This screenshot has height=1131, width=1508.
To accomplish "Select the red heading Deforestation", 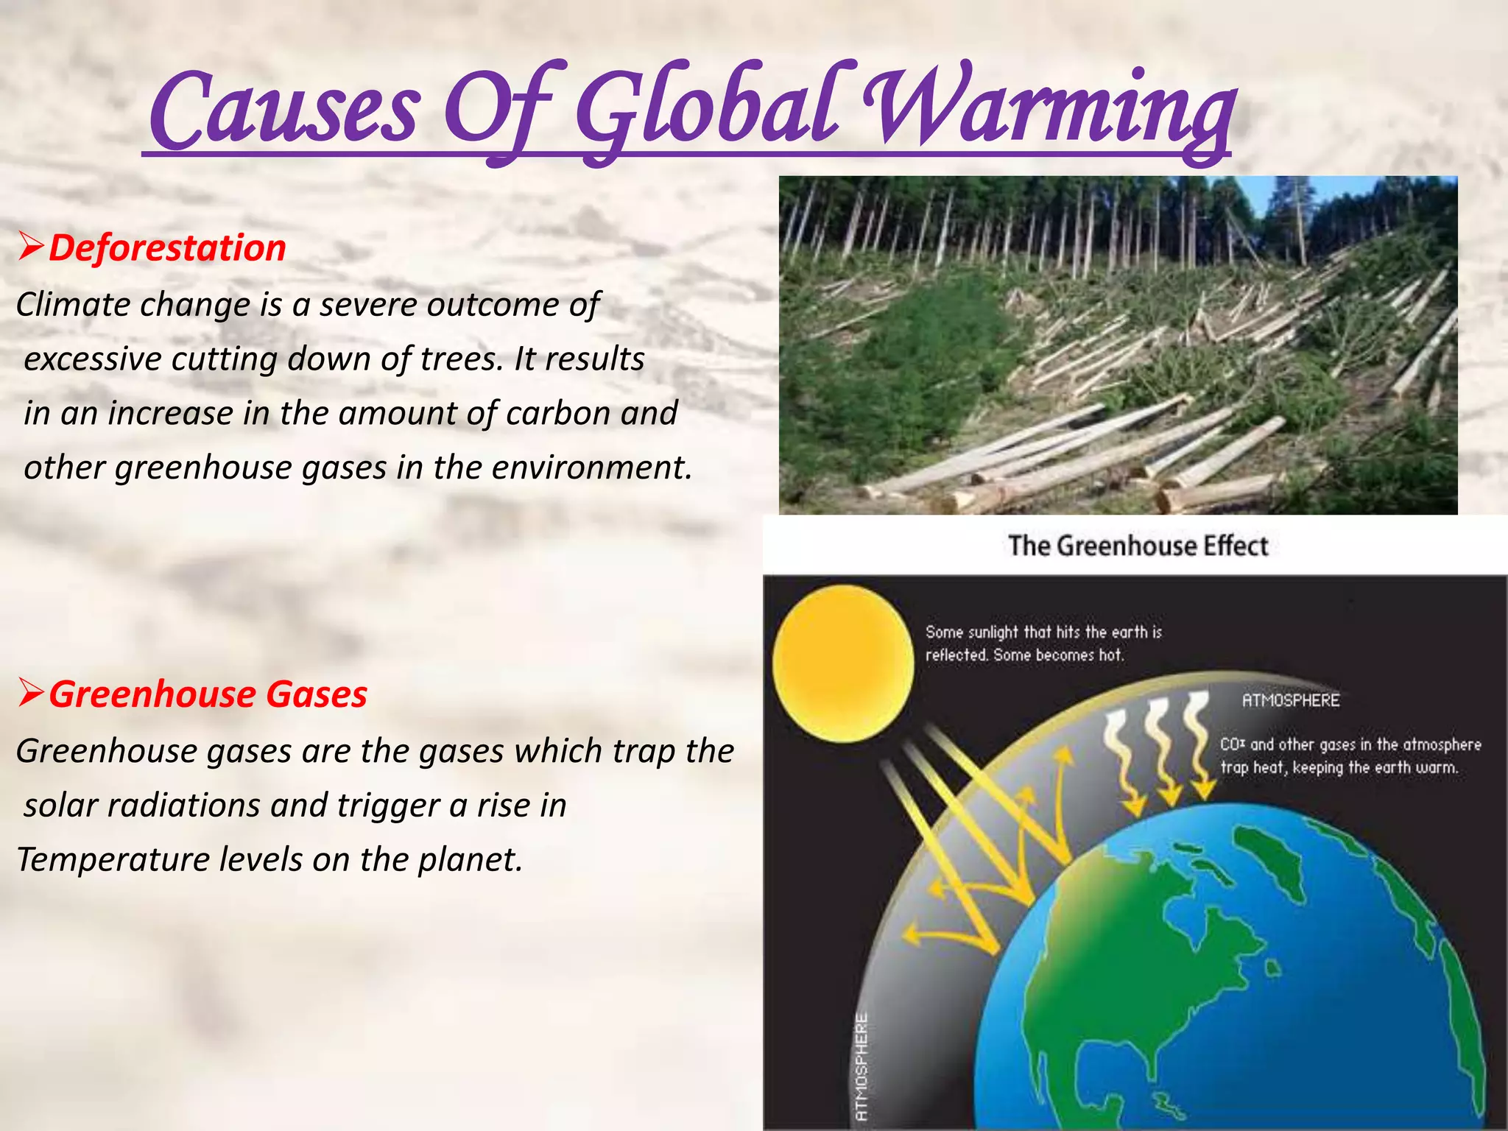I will click(x=167, y=247).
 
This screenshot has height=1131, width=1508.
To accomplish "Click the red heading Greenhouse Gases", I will click(x=208, y=694).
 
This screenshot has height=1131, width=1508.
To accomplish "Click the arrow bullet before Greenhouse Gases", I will click(x=32, y=694).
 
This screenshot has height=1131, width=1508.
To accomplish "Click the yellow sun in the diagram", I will click(x=843, y=663).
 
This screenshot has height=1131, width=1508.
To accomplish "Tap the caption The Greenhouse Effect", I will click(x=1138, y=546).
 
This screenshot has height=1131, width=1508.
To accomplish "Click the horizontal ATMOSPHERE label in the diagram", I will click(x=1290, y=700).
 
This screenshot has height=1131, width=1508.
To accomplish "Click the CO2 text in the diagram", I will click(x=1232, y=744).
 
